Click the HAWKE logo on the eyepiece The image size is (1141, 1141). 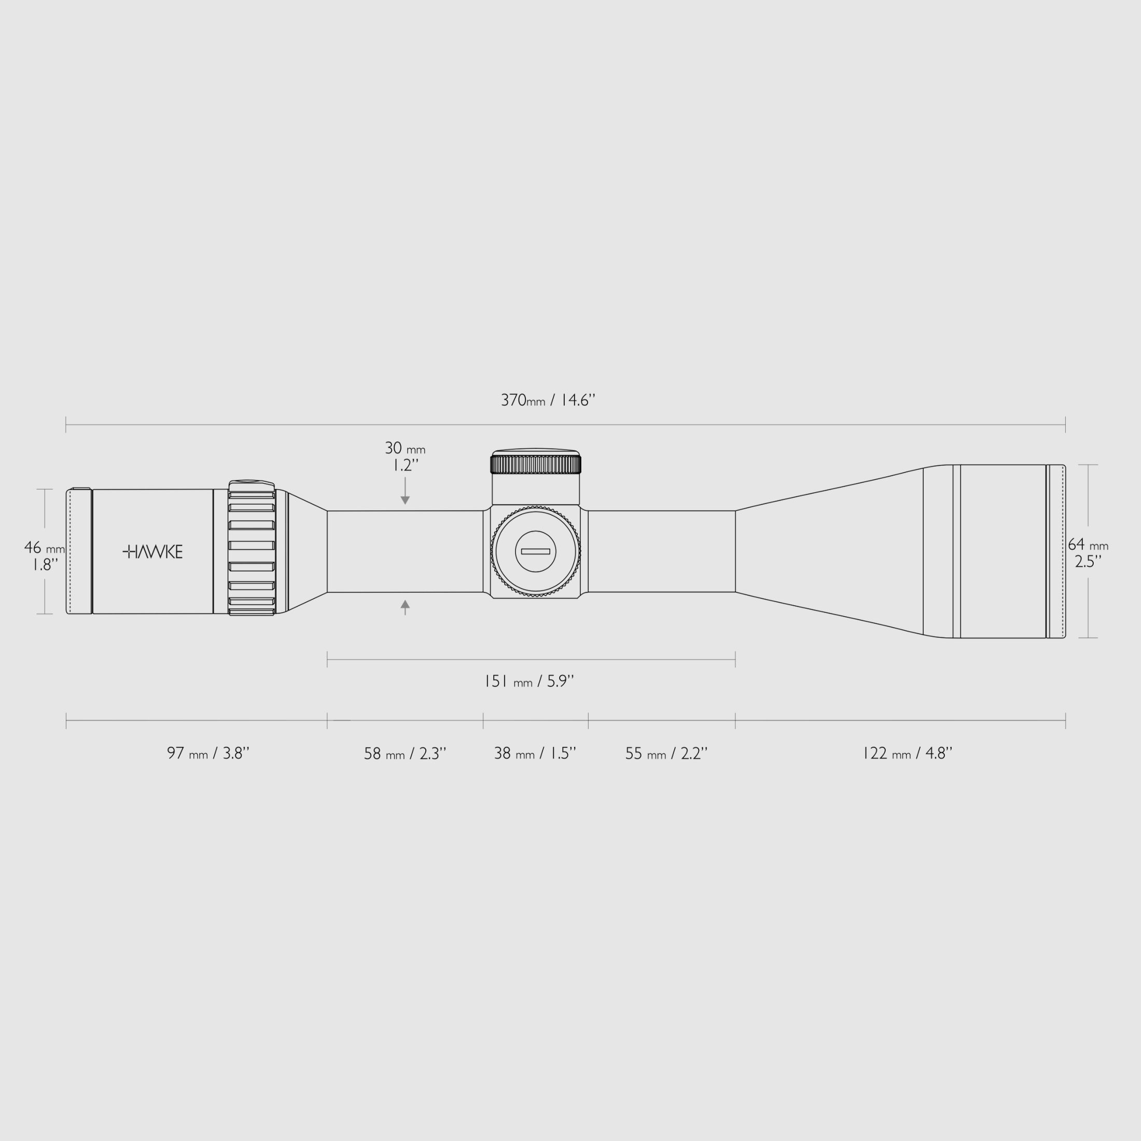point(152,552)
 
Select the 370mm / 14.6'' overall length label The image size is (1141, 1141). point(548,400)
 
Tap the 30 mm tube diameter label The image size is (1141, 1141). point(405,448)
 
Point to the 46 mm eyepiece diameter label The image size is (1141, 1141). point(44,548)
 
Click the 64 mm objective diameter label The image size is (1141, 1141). point(1088,545)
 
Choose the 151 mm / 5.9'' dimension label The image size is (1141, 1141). point(528,681)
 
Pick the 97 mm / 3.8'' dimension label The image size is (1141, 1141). point(208,754)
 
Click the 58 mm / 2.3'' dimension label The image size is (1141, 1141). point(405,754)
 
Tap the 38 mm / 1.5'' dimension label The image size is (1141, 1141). point(535,754)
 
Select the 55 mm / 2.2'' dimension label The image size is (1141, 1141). point(665,754)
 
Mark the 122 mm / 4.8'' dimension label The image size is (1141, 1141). point(907,754)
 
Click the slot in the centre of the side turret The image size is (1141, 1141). point(535,552)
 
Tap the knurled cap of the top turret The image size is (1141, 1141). point(535,464)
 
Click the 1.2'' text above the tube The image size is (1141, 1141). point(406,465)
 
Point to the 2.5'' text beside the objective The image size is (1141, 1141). point(1088,562)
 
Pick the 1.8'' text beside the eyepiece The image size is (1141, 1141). point(45,565)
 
